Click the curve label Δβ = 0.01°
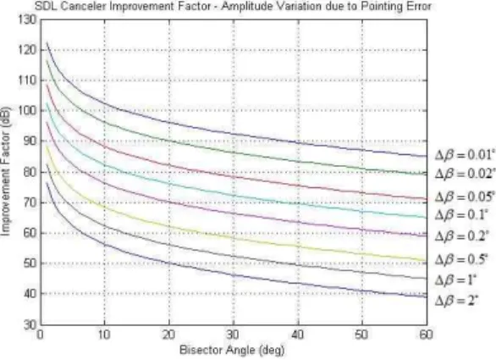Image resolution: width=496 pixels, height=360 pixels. pos(465,155)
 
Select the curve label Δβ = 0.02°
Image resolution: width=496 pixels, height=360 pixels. pos(465,174)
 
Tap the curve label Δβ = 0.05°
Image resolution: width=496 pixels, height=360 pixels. pos(465,197)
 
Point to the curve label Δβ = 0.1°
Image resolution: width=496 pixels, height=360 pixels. pos(460,215)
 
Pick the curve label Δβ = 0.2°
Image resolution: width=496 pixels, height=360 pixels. pos(461,235)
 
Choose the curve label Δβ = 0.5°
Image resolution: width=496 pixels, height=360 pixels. pos(461,259)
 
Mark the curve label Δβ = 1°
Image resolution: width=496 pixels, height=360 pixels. pos(455,280)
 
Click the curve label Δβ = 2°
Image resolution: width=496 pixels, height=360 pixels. pos(456,300)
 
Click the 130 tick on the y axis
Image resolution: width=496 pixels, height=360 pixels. pos(28,20)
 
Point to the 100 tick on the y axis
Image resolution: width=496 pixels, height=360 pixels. pos(28,110)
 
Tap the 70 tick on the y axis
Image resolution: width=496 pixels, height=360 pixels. pos(30,202)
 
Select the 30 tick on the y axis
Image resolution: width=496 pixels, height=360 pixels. pos(30,325)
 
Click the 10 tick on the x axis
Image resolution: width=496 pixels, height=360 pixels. pos(104,335)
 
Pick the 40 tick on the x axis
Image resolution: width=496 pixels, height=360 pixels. pos(298,335)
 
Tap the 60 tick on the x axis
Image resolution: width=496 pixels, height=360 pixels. pos(426,335)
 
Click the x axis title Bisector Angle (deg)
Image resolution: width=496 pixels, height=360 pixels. pos(232,350)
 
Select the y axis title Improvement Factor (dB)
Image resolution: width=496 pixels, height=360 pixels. pos(6,172)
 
